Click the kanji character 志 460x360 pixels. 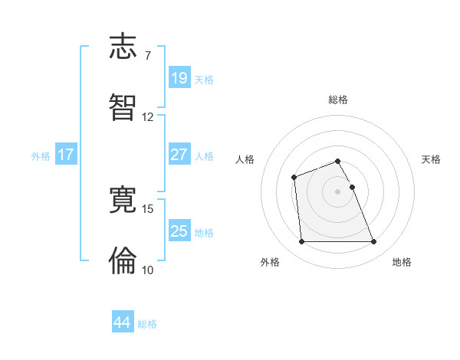tap(123, 47)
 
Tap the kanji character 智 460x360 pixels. tap(123, 107)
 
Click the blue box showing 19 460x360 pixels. tap(179, 77)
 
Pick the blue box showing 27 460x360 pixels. tap(179, 154)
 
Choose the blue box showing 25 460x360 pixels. tap(179, 231)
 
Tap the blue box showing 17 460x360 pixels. tap(66, 154)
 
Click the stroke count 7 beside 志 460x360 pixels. tap(147, 56)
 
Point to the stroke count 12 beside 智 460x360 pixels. tap(147, 117)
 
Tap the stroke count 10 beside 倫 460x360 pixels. tap(147, 270)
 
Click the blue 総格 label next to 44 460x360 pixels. tap(147, 324)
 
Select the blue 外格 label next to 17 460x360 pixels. tap(41, 155)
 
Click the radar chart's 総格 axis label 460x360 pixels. tap(338, 100)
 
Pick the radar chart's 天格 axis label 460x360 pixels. tap(432, 159)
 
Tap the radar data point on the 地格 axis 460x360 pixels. tap(374, 242)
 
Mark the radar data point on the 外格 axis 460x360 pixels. tap(301, 242)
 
